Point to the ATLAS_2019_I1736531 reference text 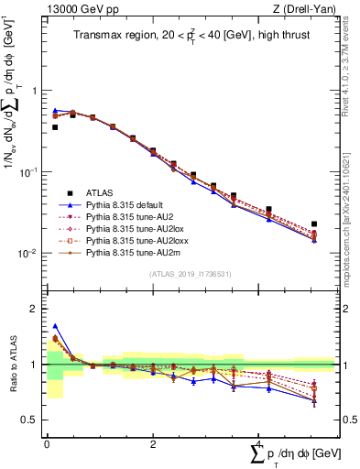point(189,274)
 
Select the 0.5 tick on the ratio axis point(30,420)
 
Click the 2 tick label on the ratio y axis point(34,309)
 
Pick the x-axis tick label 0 point(47,443)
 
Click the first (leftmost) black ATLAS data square point(55,127)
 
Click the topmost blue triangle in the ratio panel point(55,325)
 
